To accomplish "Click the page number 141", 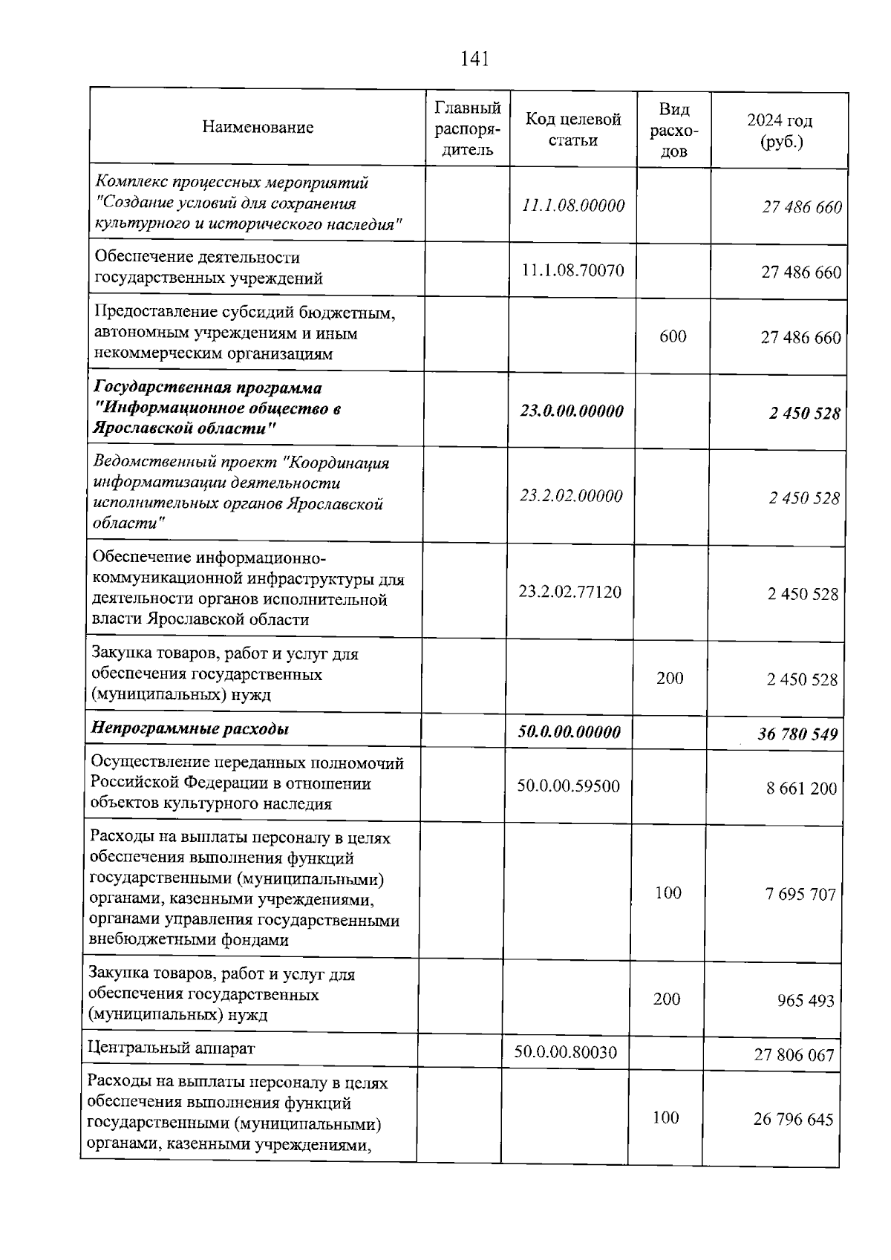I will tap(474, 59).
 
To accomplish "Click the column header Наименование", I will tap(258, 128).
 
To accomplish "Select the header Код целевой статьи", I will tap(572, 129).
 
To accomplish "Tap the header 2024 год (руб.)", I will tap(780, 131).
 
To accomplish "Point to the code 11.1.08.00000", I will tap(572, 206).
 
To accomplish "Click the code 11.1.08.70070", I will tap(572, 270).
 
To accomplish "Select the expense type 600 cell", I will tap(673, 336).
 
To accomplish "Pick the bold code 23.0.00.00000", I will tap(571, 411).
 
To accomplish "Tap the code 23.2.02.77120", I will tap(569, 593).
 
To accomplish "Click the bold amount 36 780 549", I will tap(797, 734).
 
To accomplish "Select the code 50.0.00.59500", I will tap(568, 786).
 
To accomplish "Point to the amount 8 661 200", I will tap(801, 789).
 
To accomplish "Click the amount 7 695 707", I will tap(800, 894).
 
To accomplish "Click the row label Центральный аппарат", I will tap(171, 1048).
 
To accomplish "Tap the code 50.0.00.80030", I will tap(565, 1052).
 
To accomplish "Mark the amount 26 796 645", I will tap(793, 1119).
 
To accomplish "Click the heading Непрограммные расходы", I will tap(189, 728).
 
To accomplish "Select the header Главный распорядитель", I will tap(467, 128).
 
